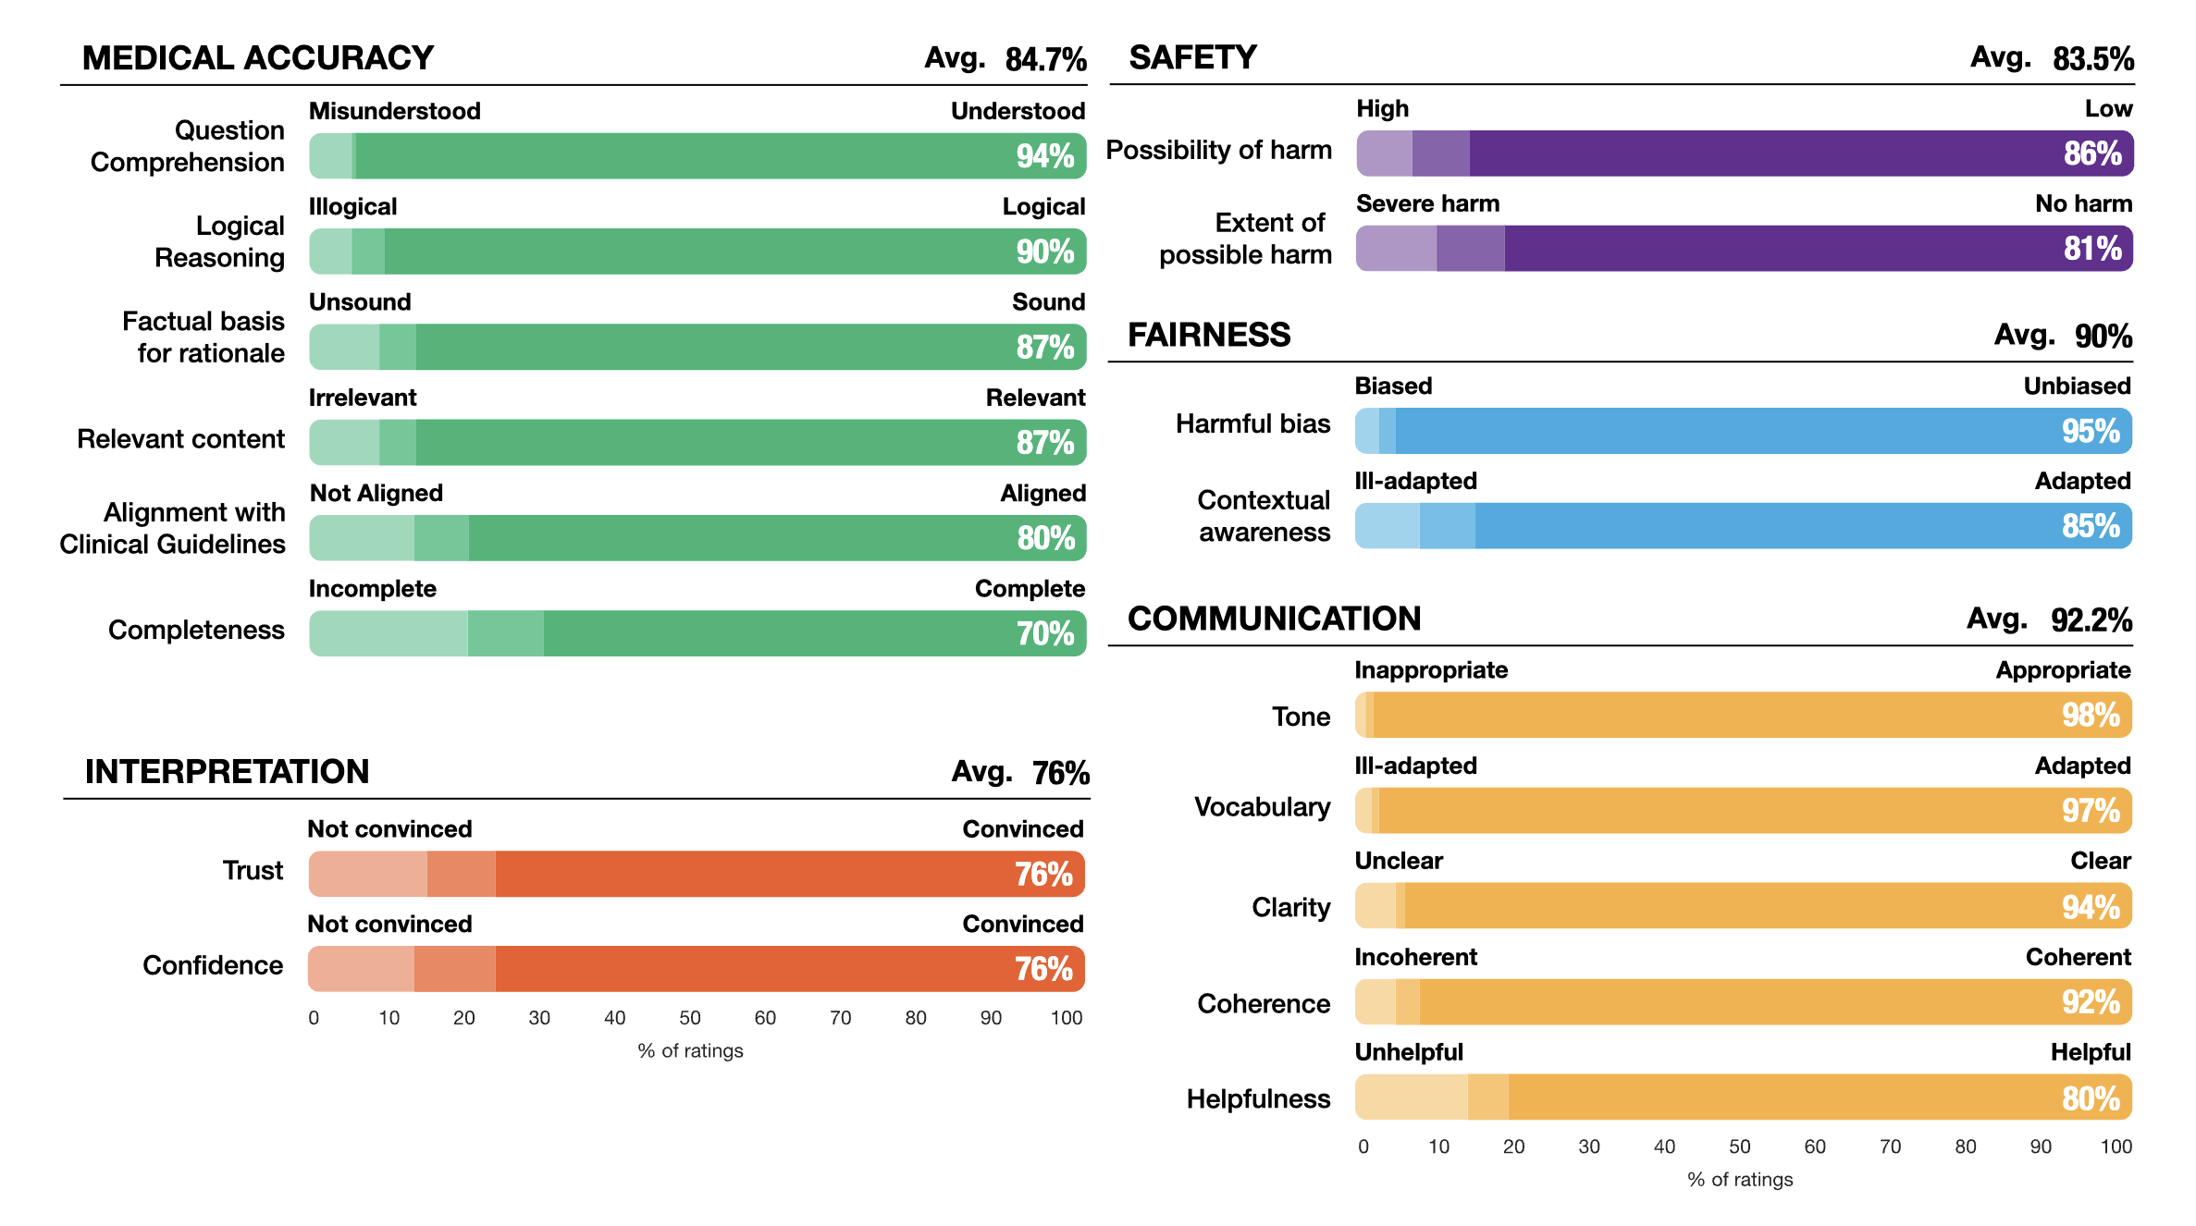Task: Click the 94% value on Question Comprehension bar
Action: click(x=1044, y=156)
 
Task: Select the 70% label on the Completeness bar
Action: click(x=1044, y=634)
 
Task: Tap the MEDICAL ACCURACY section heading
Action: click(x=257, y=58)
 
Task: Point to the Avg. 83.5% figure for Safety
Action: click(x=2052, y=58)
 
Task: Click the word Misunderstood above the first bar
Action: click(x=394, y=111)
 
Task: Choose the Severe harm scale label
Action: click(x=1427, y=203)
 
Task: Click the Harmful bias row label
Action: click(x=1252, y=423)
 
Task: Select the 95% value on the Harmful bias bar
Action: click(x=2090, y=432)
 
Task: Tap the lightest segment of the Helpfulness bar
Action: click(x=1411, y=1097)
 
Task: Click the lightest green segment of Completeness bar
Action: click(x=389, y=634)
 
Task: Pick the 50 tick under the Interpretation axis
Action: click(x=690, y=1018)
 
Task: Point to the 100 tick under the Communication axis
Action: click(x=2116, y=1146)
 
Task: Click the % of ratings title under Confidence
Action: click(x=690, y=1051)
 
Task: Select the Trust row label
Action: click(x=253, y=871)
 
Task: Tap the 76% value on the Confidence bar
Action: click(x=1042, y=970)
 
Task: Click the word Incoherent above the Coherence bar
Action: click(x=1415, y=957)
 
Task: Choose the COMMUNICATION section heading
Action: click(x=1274, y=619)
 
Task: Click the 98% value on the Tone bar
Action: click(x=2090, y=716)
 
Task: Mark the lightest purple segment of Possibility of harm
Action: click(x=1385, y=153)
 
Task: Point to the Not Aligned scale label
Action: click(x=376, y=494)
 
